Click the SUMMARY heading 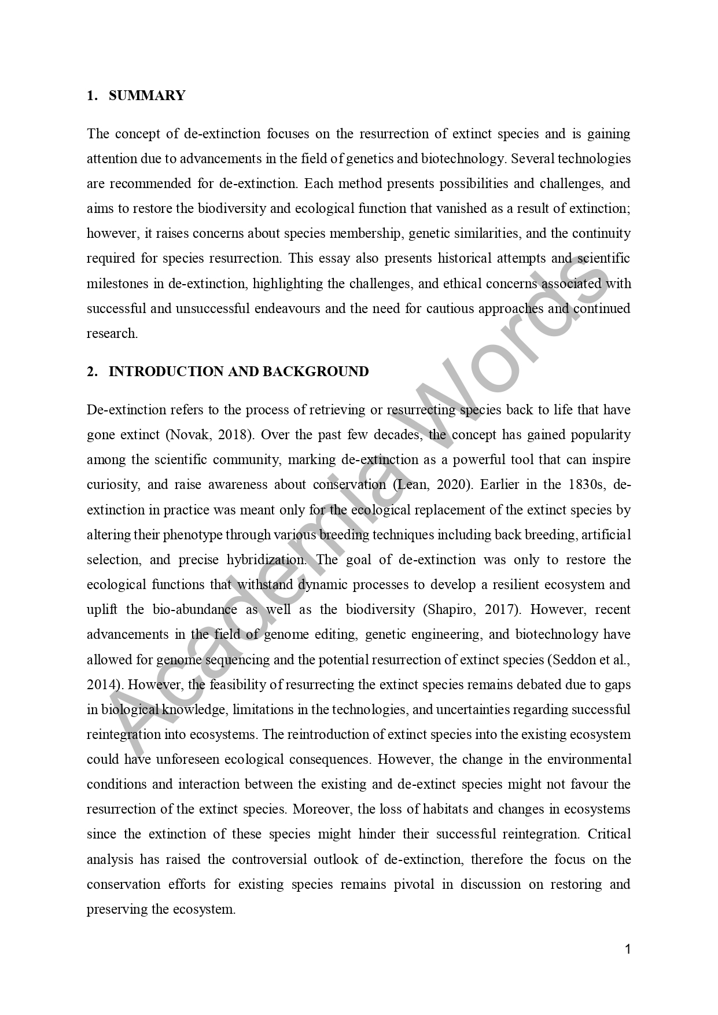coord(146,95)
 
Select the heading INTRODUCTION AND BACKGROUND coord(238,372)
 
